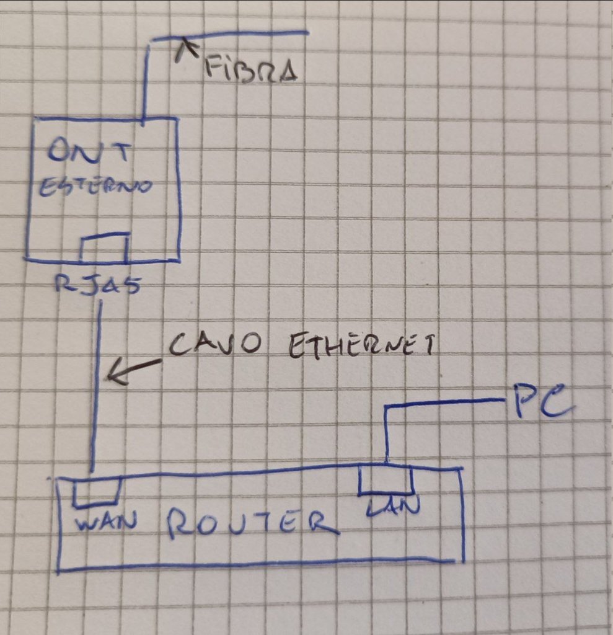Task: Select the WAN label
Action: tap(105, 522)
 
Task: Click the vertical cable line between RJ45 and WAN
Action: tap(97, 403)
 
